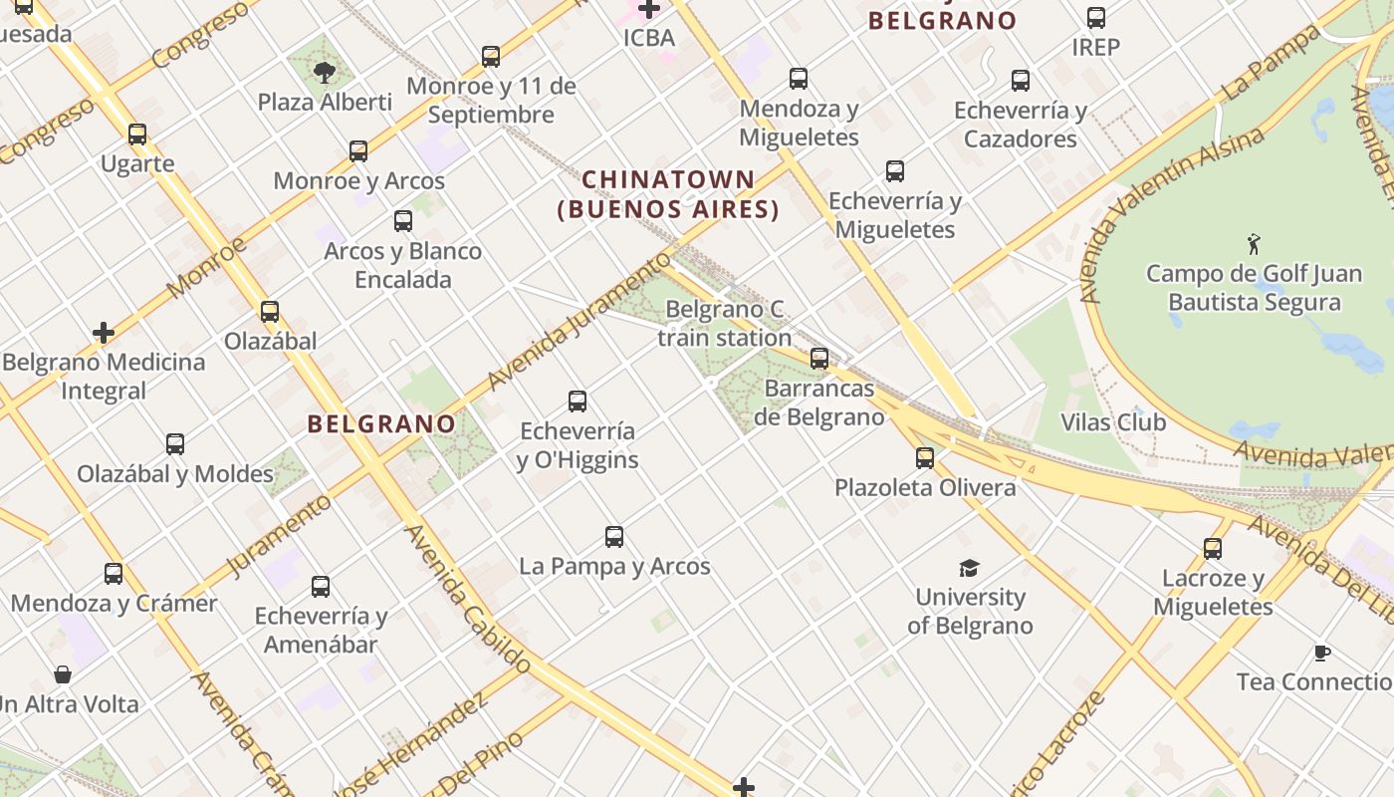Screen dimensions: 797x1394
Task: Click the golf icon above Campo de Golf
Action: pos(1254,243)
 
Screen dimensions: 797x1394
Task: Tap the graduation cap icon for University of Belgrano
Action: pos(969,568)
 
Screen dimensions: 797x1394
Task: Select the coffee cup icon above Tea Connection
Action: pos(1321,654)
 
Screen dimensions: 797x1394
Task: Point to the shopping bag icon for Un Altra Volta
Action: pos(63,674)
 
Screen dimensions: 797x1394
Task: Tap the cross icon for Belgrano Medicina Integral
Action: pos(104,333)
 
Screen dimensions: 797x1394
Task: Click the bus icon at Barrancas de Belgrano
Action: pos(819,359)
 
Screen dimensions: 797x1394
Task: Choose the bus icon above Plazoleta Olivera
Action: pos(925,458)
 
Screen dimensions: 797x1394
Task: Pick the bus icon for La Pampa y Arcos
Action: pos(614,537)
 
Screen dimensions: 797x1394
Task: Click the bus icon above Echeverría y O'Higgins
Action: pos(578,401)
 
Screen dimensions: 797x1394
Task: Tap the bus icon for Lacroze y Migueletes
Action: pos(1212,549)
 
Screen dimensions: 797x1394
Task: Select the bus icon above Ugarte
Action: pos(137,134)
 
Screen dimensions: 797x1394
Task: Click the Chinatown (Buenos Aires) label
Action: pos(668,194)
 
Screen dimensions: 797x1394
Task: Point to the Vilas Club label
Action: pos(1112,422)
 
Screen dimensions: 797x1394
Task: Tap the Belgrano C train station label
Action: pos(724,324)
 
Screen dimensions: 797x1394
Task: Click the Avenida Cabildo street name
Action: pos(469,598)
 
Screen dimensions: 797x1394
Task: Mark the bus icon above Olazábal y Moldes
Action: pos(175,444)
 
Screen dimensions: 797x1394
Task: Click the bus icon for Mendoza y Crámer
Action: pos(114,574)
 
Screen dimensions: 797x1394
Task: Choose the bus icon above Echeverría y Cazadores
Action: pos(1021,81)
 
